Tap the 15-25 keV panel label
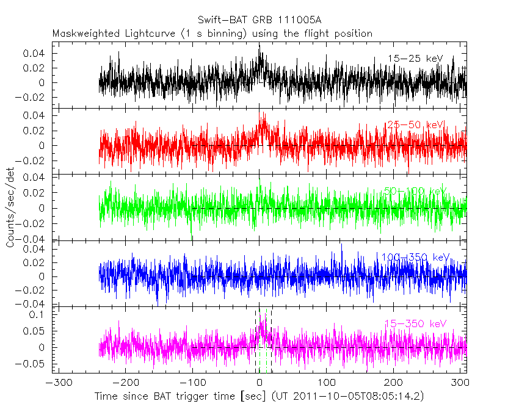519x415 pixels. click(x=415, y=59)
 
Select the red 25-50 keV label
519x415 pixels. click(x=415, y=125)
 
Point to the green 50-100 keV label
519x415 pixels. click(x=415, y=191)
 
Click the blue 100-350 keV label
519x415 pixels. click(x=415, y=257)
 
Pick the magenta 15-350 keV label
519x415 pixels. click(x=415, y=323)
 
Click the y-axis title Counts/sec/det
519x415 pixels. click(x=10, y=208)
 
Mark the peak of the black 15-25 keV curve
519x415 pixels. click(x=259, y=44)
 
